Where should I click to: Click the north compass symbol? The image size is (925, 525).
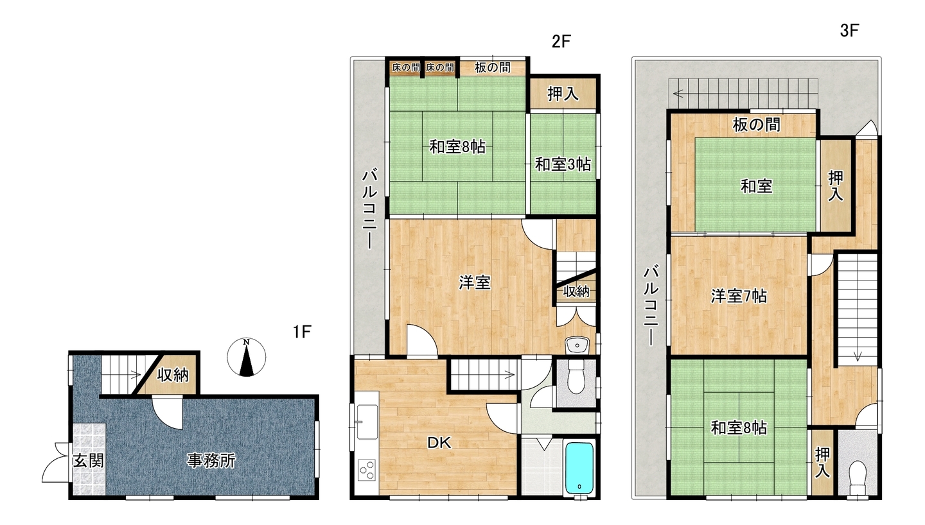[247, 357]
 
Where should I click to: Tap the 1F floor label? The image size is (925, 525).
[302, 331]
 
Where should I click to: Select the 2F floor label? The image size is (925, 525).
[561, 41]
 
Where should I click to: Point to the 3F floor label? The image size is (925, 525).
[849, 31]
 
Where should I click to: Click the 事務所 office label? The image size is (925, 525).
[211, 460]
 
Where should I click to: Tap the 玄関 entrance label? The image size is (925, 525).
[88, 460]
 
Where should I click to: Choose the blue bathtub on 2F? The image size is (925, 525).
[579, 468]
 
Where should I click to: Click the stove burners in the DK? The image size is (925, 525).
[367, 470]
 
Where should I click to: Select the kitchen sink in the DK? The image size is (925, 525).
[367, 422]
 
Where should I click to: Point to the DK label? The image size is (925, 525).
[439, 443]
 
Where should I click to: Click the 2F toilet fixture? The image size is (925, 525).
[576, 377]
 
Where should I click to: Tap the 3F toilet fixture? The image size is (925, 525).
[858, 478]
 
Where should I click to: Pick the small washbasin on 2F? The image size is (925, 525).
[577, 345]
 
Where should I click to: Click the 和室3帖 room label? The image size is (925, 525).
[563, 165]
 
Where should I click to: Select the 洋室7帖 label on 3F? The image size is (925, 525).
[739, 296]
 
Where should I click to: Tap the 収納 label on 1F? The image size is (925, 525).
[173, 375]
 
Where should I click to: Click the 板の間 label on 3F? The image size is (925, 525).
[757, 125]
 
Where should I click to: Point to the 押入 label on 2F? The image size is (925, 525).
[563, 94]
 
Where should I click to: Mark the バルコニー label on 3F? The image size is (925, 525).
[651, 306]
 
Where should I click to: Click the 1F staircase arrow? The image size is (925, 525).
[136, 375]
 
